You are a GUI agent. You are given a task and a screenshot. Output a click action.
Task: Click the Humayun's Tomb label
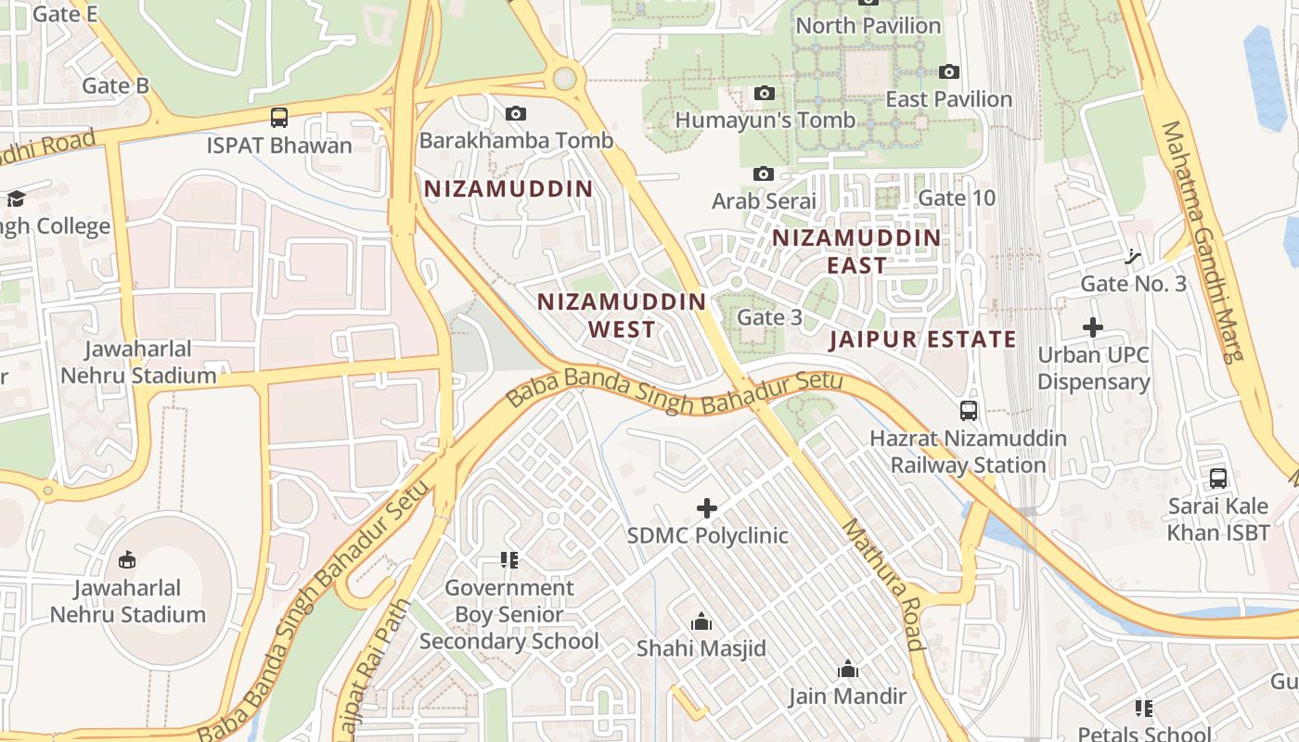[765, 121]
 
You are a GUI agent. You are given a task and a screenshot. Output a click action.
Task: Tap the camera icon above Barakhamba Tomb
[516, 114]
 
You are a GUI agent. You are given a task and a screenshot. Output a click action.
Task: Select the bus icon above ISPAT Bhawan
[279, 118]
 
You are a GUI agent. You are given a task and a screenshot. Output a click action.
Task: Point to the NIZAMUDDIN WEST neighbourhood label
[622, 315]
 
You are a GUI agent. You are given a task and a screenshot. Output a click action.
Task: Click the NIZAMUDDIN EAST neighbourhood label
[856, 251]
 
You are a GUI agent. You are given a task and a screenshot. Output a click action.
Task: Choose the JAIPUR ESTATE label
[922, 339]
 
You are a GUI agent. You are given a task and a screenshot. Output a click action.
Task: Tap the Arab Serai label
[764, 200]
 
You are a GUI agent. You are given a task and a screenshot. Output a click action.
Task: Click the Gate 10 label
[956, 198]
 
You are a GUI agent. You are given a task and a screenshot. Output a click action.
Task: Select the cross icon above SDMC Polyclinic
[707, 508]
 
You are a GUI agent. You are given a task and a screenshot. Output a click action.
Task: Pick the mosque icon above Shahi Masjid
[701, 621]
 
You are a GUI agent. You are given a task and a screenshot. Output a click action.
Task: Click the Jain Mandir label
[847, 696]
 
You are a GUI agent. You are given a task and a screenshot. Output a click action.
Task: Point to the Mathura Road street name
[883, 584]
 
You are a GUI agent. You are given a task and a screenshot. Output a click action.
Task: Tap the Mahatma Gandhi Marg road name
[1205, 241]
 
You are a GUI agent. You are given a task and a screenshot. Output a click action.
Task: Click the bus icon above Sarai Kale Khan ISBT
[1218, 479]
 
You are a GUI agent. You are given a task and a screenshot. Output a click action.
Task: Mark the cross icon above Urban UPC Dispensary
[1093, 327]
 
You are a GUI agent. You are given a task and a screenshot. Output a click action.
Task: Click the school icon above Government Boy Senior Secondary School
[508, 560]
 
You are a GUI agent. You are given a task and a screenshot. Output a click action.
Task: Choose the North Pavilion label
[868, 26]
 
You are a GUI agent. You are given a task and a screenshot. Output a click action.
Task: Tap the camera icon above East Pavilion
[948, 72]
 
